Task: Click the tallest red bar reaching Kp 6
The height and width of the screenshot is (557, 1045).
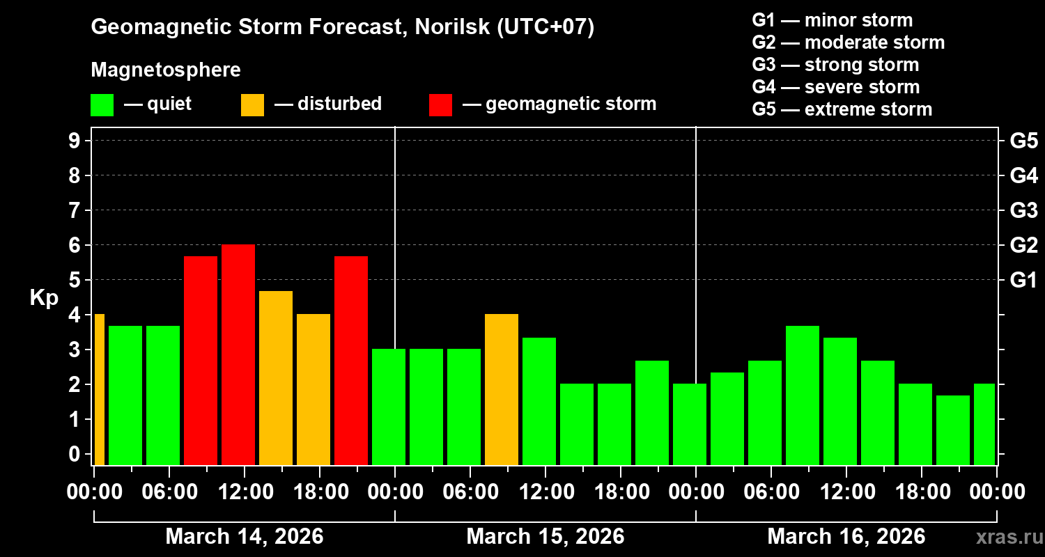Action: [x=238, y=355]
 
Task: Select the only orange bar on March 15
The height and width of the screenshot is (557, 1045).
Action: [x=502, y=390]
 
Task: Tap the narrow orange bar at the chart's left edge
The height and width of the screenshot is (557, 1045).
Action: [x=99, y=390]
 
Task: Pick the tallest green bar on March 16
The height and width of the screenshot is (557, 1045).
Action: [x=803, y=395]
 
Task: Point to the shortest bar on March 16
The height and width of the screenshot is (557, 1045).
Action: [x=953, y=430]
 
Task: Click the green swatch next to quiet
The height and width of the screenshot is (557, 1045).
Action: [x=102, y=105]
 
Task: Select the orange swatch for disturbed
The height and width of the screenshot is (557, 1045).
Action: [x=252, y=105]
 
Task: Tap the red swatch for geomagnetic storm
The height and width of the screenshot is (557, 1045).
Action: [x=440, y=105]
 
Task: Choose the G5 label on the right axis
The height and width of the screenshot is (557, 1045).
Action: [x=1023, y=141]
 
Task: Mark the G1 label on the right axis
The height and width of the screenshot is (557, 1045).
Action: [x=1023, y=281]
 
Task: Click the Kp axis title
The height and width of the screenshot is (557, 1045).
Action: [x=44, y=298]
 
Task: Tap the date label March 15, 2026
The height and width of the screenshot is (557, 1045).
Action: [x=545, y=537]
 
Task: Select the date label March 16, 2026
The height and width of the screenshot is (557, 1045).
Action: [x=846, y=537]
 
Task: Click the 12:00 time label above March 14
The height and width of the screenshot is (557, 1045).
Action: [x=245, y=492]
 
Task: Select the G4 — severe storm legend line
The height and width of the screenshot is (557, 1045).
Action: [x=835, y=87]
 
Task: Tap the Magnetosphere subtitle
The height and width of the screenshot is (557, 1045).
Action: [x=166, y=70]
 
